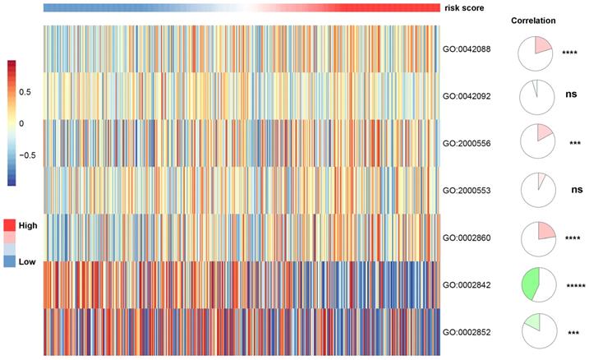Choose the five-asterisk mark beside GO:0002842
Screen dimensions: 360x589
point(576,286)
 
